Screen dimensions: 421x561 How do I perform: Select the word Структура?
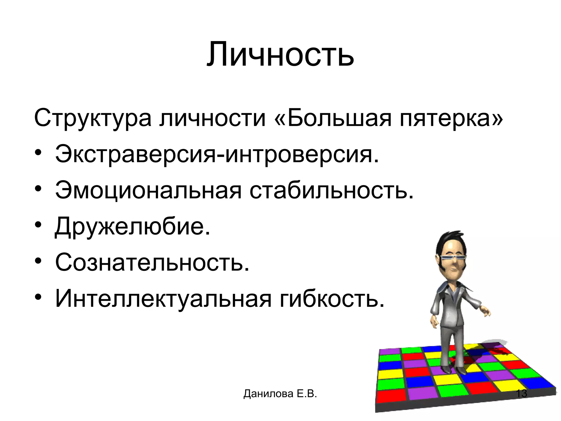coord(93,118)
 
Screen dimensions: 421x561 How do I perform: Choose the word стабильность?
coord(331,190)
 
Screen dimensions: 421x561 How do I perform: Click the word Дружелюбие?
coord(133,226)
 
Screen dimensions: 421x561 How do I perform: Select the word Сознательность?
coord(152,262)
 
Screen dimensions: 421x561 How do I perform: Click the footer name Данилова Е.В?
coord(280,394)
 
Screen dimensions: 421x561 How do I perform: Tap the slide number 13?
coord(521,394)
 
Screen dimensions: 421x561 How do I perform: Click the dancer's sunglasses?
coord(452,258)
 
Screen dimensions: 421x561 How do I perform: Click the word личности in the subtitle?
coord(213,118)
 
